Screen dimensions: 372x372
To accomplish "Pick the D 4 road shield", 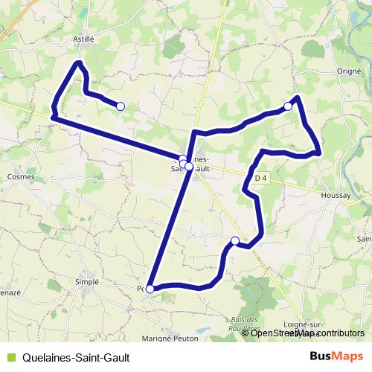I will [x=259, y=179].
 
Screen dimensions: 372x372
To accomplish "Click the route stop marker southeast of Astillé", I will [x=121, y=106].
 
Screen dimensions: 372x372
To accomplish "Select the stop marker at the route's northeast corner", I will [x=288, y=107].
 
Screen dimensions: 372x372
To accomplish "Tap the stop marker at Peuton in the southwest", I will [x=150, y=289].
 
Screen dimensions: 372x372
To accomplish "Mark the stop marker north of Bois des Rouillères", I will [x=235, y=240].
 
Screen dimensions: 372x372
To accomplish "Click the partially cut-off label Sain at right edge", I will [x=364, y=239].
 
